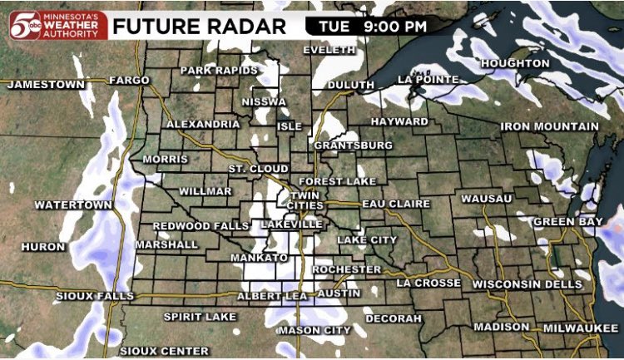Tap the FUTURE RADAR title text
pyautogui.click(x=199, y=25)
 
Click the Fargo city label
pyautogui.click(x=129, y=81)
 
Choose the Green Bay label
pyautogui.click(x=567, y=222)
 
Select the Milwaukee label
pyautogui.click(x=582, y=328)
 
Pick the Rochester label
pyautogui.click(x=347, y=270)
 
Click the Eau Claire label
pyautogui.click(x=396, y=204)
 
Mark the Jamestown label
pyautogui.click(x=47, y=84)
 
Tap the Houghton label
pyautogui.click(x=515, y=63)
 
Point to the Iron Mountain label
pyautogui.click(x=549, y=126)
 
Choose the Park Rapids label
pyautogui.click(x=220, y=70)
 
